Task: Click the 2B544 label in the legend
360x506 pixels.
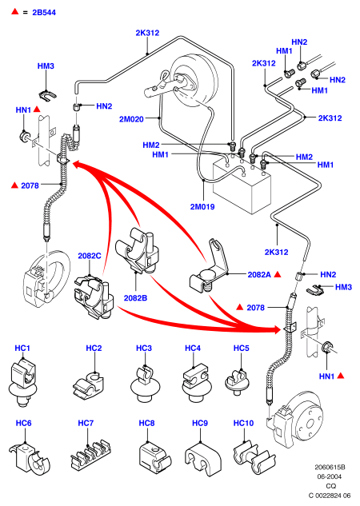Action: [44, 13]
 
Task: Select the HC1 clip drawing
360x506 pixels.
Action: [22, 383]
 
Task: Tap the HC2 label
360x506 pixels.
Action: [94, 349]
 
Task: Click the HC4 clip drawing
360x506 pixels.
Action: [196, 383]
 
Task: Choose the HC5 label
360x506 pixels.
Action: [241, 349]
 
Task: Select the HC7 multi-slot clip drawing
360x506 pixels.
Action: [90, 455]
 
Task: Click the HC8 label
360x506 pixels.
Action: [146, 423]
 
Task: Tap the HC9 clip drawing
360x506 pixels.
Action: [202, 459]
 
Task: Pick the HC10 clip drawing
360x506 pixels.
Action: [254, 457]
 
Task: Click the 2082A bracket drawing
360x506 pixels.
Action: [209, 269]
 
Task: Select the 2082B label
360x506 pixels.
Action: [136, 298]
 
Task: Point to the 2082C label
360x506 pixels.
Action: [90, 256]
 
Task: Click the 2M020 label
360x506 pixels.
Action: [131, 119]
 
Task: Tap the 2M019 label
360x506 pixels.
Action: [202, 206]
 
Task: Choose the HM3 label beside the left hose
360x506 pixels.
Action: [46, 66]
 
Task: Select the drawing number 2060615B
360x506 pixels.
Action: [330, 467]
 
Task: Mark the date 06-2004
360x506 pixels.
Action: [329, 476]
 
